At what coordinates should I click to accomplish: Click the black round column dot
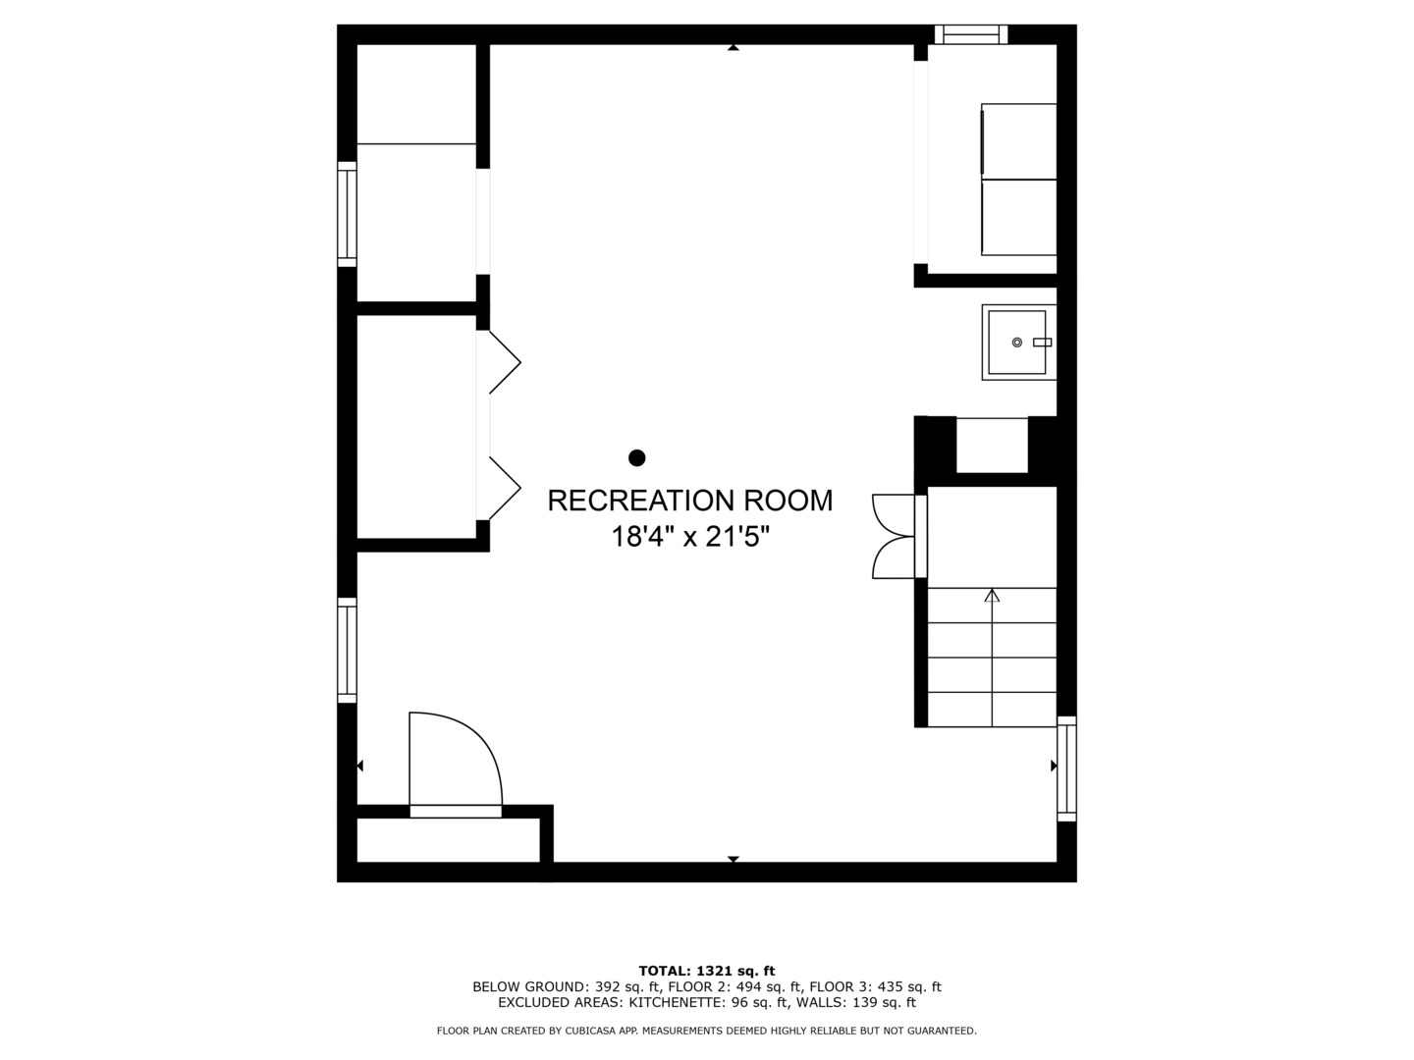tap(636, 457)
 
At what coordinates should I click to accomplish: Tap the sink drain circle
tap(1016, 343)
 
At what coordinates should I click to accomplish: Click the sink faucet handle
tap(1042, 343)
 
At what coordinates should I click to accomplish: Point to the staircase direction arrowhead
tap(992, 596)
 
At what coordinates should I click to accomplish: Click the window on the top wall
tap(971, 34)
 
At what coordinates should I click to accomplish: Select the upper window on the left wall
tap(348, 214)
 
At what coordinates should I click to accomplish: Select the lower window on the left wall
tap(348, 650)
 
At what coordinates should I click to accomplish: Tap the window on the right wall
tap(1066, 768)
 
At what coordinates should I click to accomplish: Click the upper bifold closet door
tap(505, 362)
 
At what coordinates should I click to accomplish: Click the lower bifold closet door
tap(505, 488)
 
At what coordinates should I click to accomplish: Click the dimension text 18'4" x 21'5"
tap(690, 536)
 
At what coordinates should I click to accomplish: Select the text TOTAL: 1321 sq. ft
tap(707, 971)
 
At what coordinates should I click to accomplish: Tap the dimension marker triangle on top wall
tap(734, 48)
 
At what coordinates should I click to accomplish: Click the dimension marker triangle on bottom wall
tap(734, 859)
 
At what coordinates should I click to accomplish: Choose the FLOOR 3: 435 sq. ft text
tap(876, 986)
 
